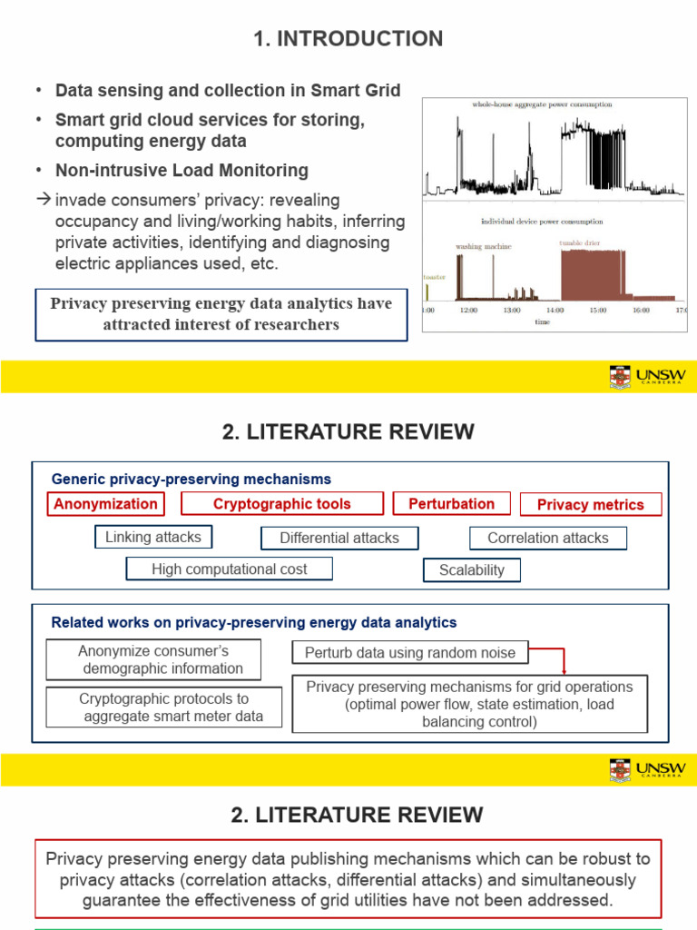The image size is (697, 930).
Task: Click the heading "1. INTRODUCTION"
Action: pos(348,38)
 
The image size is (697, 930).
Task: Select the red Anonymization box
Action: pos(106,504)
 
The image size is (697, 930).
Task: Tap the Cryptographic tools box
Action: pos(281,504)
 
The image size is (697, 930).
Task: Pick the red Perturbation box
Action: pos(451,504)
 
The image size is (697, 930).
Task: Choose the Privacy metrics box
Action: pos(590,505)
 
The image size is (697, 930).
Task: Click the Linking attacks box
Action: pos(153,537)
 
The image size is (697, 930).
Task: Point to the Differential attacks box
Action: pos(339,538)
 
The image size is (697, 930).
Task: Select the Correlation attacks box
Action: pos(547,538)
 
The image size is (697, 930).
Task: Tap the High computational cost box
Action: pos(230,569)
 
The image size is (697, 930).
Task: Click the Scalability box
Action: pos(471,570)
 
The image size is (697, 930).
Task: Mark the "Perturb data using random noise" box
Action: pos(410,652)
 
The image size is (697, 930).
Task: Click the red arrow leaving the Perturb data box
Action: pos(563,661)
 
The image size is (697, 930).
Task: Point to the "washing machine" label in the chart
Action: pos(483,246)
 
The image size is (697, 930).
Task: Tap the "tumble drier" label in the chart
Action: pos(580,243)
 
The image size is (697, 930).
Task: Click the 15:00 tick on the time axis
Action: pos(597,310)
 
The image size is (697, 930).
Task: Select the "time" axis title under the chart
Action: pos(542,321)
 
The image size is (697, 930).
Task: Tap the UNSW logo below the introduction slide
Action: pos(647,376)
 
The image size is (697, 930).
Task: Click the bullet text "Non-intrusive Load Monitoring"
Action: pos(182,170)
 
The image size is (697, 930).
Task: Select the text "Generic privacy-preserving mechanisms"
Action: pos(191,479)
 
